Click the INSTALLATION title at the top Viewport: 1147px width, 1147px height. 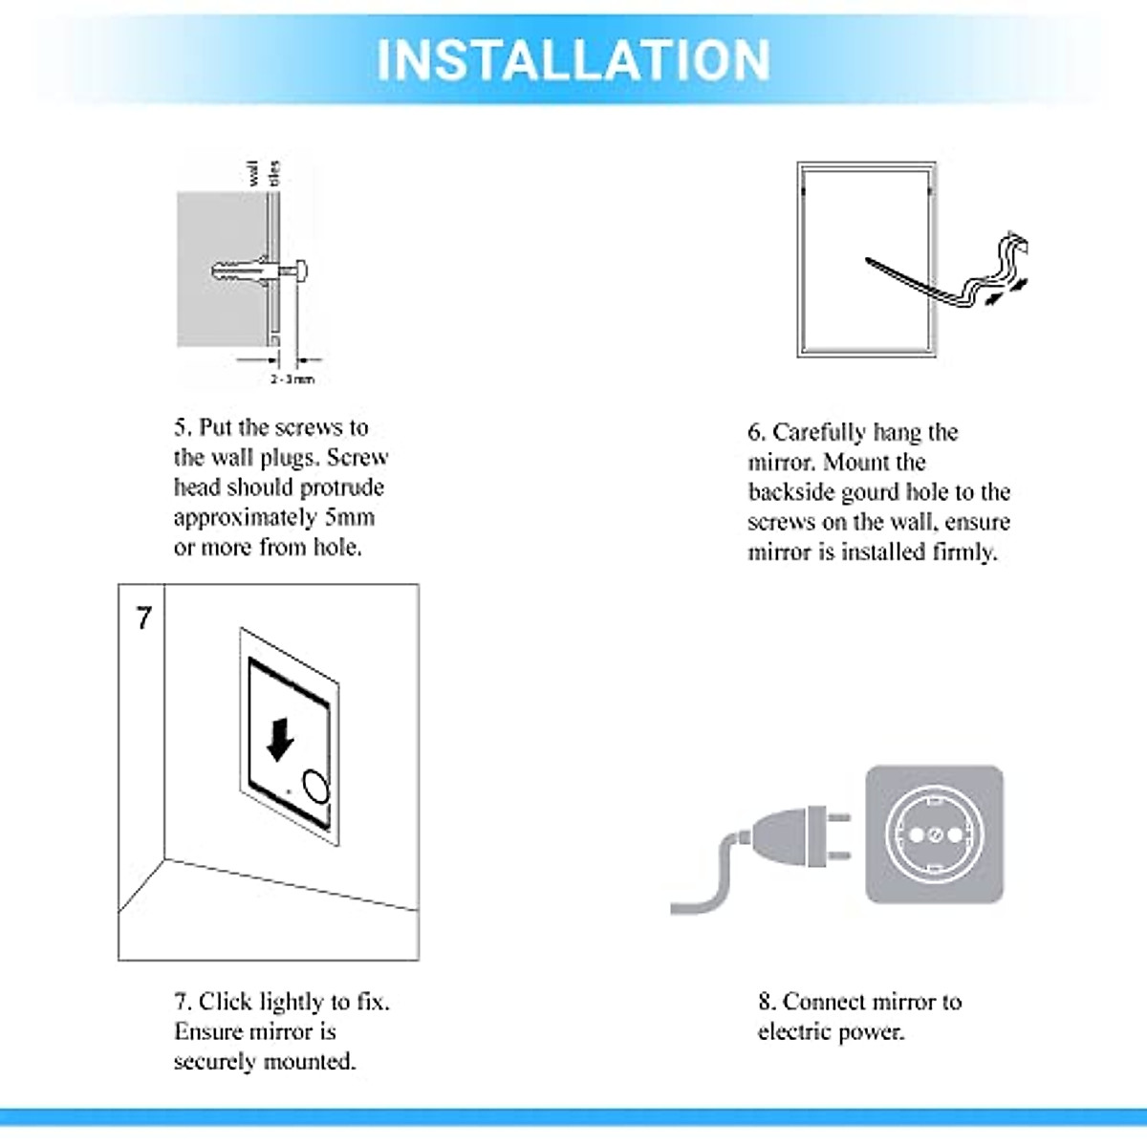573,59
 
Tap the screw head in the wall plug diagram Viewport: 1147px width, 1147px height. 300,271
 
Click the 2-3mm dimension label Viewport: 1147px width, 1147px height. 292,379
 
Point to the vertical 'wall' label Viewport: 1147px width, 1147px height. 253,173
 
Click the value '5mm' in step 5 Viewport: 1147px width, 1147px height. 349,517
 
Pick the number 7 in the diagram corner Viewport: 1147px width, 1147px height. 143,618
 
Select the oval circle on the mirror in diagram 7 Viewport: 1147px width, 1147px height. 316,786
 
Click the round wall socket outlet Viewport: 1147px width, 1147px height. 934,834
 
